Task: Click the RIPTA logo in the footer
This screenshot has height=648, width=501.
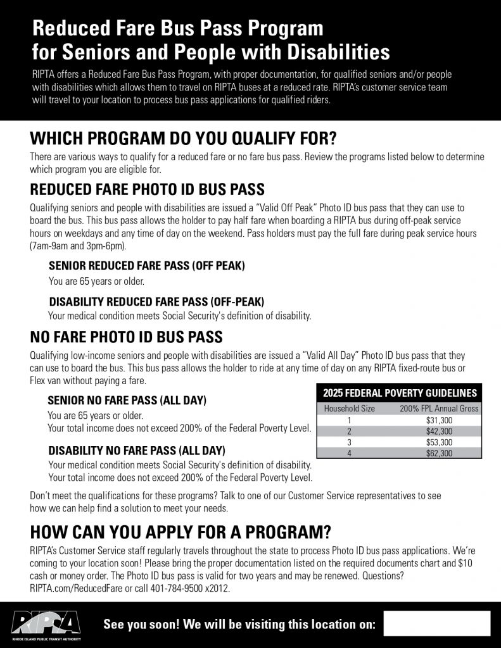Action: click(47, 624)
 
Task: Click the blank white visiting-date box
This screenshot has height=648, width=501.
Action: click(436, 623)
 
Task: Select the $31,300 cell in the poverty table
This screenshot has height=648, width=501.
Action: click(438, 420)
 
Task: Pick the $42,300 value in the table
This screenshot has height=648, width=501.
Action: click(438, 431)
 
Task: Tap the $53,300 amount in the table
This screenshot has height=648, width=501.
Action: click(438, 442)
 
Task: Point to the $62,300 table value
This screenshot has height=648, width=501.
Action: click(438, 453)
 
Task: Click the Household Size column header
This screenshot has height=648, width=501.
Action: click(349, 408)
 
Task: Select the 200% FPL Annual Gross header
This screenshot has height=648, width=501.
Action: click(438, 408)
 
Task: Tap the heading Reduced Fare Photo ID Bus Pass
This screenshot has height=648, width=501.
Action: click(147, 190)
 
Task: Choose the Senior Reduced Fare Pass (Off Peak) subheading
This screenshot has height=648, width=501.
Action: click(147, 266)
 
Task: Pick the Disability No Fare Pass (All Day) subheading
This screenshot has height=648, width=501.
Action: click(137, 451)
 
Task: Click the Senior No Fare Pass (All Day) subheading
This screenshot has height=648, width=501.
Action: click(127, 400)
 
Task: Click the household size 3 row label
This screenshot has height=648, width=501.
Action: click(349, 442)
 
